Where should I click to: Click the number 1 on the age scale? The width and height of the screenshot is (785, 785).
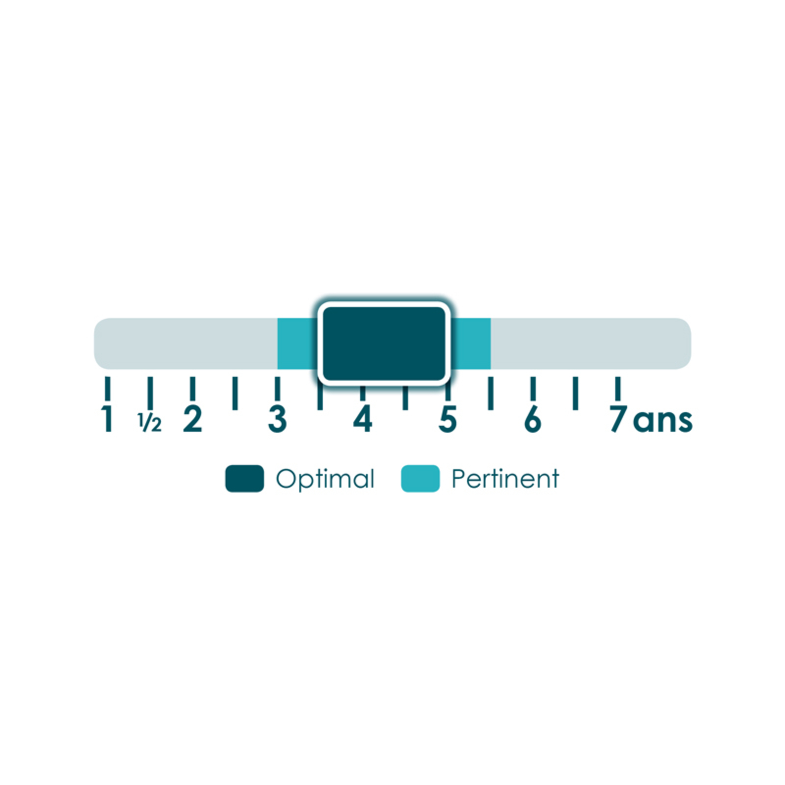(x=108, y=419)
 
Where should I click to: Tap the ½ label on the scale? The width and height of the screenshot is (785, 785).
(x=150, y=422)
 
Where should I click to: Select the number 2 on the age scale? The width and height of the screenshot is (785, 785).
(x=192, y=419)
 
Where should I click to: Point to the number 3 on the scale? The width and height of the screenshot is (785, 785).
(x=277, y=419)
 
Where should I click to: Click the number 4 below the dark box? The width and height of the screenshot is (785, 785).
(x=363, y=419)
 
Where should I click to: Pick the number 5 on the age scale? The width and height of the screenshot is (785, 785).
(x=447, y=420)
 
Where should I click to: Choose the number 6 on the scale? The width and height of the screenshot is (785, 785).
(x=532, y=419)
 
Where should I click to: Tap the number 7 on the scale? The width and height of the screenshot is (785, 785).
(x=619, y=419)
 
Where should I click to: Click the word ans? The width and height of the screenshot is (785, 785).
(x=663, y=421)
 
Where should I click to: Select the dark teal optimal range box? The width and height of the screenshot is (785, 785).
(x=384, y=343)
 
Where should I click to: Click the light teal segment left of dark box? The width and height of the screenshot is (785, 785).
(x=297, y=343)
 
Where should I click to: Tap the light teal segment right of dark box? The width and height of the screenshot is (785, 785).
(x=471, y=343)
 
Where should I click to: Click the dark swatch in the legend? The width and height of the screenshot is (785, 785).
(x=244, y=478)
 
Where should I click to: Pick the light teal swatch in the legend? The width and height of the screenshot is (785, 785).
(x=420, y=478)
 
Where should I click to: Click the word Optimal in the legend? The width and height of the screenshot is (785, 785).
(x=325, y=479)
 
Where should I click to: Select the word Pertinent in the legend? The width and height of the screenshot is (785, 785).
(x=505, y=478)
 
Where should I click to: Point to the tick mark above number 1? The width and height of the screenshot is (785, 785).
(x=108, y=389)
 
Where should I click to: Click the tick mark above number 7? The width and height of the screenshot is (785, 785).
(x=618, y=389)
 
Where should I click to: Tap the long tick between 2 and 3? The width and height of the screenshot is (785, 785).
(x=235, y=393)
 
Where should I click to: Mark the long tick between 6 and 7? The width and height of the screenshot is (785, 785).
(x=575, y=393)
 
